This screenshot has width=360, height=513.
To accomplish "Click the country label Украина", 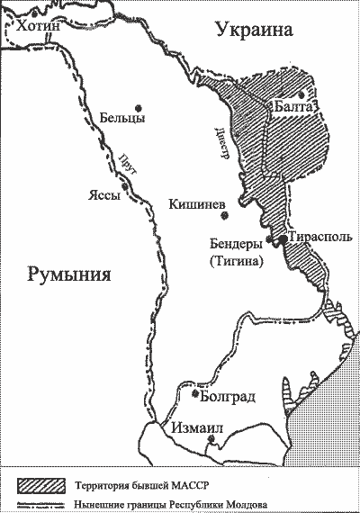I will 255,31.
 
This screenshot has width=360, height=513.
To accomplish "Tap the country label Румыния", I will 68,274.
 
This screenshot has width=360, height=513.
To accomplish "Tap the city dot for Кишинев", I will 227,216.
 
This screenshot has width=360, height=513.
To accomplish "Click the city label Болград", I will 225,397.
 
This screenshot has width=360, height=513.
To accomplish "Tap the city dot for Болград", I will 196,392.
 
